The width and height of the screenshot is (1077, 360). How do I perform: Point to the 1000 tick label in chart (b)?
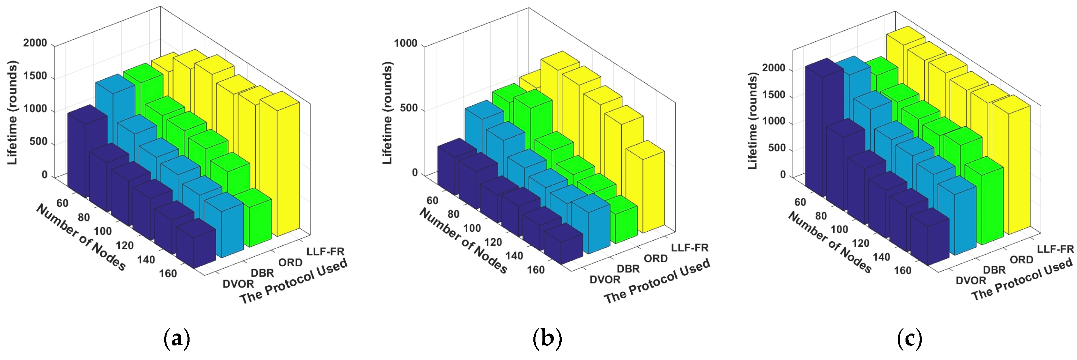coord(406,43)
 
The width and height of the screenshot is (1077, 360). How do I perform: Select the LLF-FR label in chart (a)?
coord(325,251)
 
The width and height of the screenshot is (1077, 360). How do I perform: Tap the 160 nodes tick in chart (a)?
coord(168,274)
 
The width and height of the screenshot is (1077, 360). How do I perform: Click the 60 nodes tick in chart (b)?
coord(432,201)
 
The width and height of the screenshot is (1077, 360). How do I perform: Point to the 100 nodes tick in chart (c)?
coord(839,230)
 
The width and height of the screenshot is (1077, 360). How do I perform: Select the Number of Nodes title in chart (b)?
coord(463,240)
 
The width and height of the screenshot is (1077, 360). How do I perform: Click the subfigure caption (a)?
coord(176,339)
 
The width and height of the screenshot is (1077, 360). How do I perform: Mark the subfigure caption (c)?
coord(909,339)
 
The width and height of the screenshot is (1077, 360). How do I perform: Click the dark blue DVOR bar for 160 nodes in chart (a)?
coord(196,247)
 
